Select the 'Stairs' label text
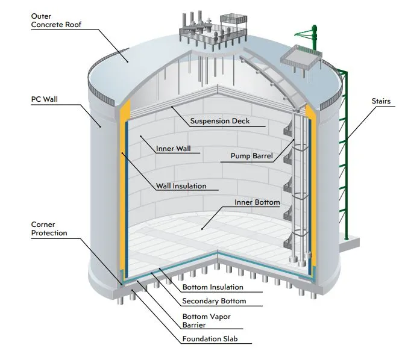coord(381,101)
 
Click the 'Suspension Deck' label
coord(219,121)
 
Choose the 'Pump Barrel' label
coord(252,156)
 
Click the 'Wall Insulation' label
coord(181,186)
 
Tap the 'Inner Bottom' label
coord(257,202)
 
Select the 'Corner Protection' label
coord(49,229)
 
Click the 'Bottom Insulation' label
coord(213,287)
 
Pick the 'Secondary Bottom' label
coord(214,301)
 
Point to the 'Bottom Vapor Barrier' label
coord(207,321)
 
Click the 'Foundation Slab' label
coord(209,339)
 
